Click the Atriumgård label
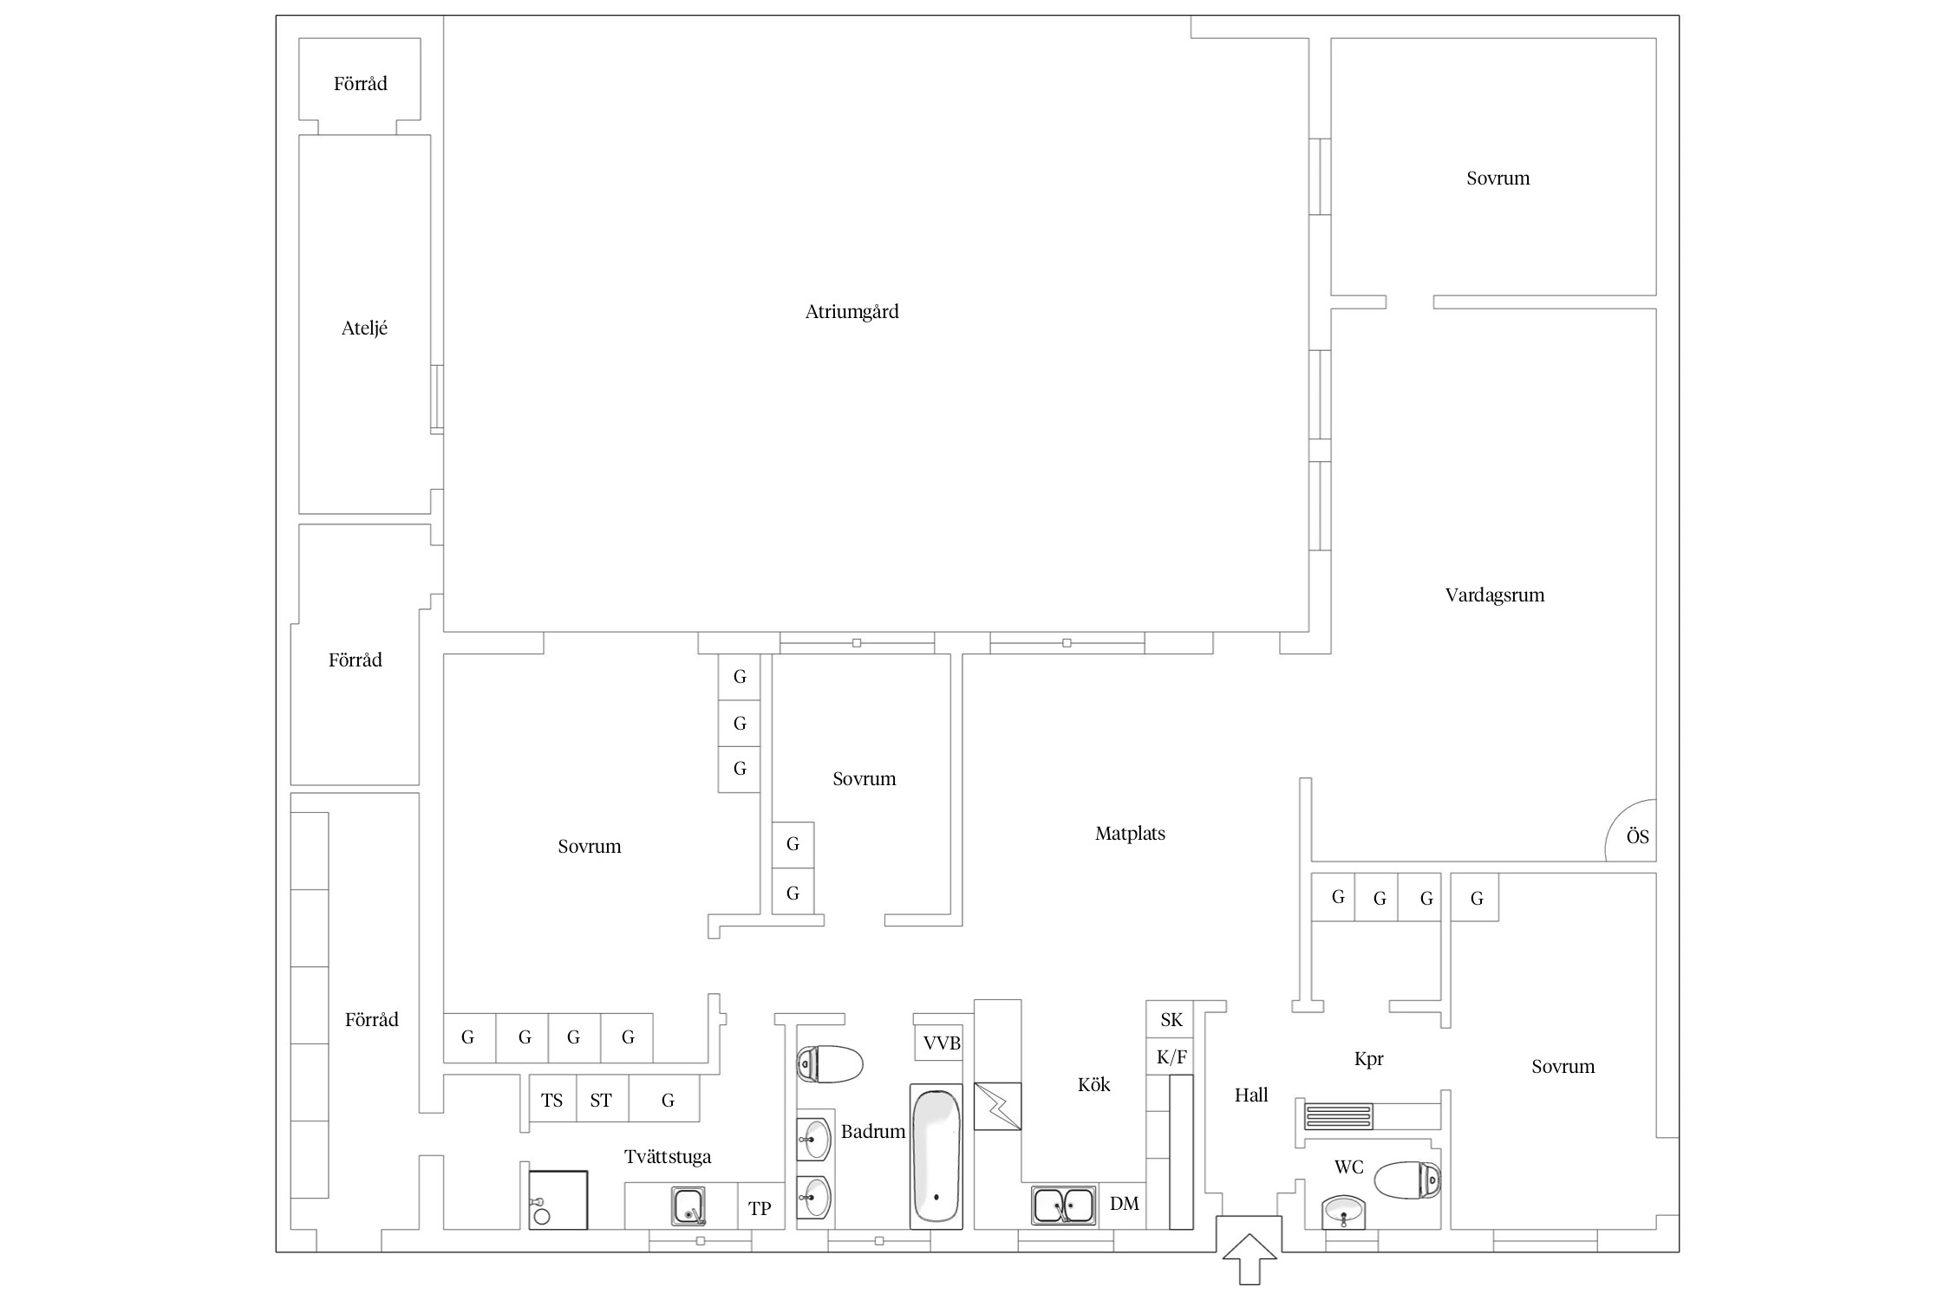point(852,312)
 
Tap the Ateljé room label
point(364,328)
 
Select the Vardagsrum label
point(1494,595)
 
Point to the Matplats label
point(1130,834)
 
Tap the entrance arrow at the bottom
point(1249,1258)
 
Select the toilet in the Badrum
point(830,1064)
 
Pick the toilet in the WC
point(1407,1180)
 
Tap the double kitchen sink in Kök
point(1063,1206)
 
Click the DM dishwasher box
point(1124,1206)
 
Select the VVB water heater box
point(942,1043)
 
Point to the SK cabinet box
point(1171,1020)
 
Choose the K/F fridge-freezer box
point(1171,1057)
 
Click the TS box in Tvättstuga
point(552,1100)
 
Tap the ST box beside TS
point(601,1100)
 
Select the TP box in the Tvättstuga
point(760,1207)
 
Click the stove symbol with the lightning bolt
point(997,1106)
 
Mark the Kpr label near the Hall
point(1368,1059)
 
